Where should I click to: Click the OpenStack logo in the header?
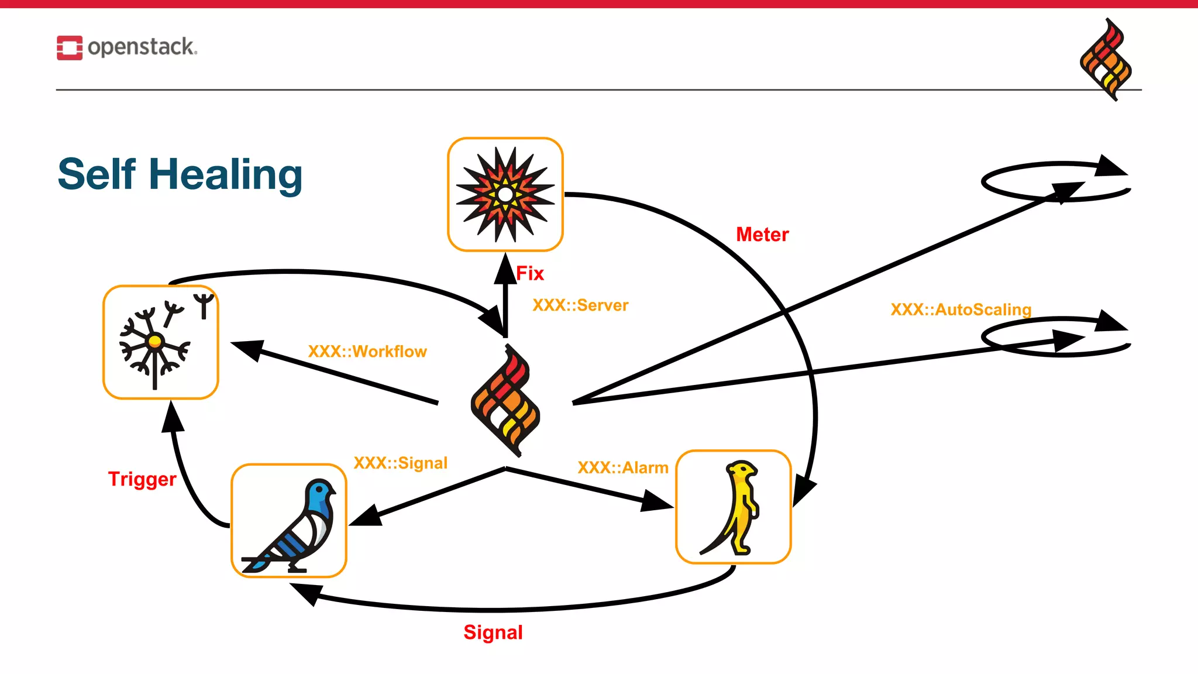[x=127, y=47]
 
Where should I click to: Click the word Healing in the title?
[x=225, y=175]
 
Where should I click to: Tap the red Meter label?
[x=762, y=235]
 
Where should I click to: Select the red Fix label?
[x=530, y=273]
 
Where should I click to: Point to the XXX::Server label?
[x=580, y=305]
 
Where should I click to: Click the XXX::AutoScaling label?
[x=961, y=310]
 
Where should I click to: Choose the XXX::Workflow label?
[x=367, y=352]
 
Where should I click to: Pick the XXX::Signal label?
[x=401, y=463]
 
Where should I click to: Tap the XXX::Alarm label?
[x=623, y=468]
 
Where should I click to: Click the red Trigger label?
[x=142, y=479]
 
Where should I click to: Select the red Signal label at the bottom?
[x=493, y=632]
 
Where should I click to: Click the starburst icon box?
[x=505, y=195]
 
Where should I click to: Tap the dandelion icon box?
[x=161, y=343]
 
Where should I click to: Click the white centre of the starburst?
[x=505, y=195]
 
